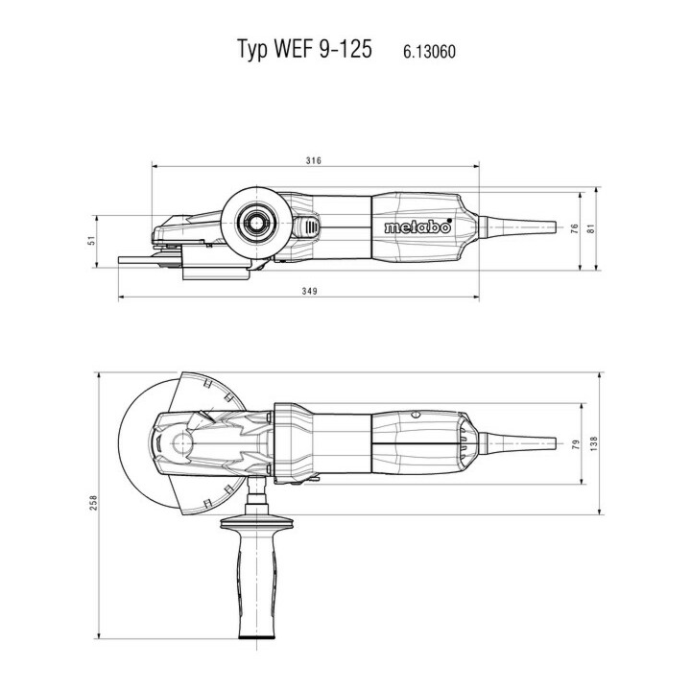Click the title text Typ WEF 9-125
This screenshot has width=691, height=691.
pyautogui.click(x=305, y=49)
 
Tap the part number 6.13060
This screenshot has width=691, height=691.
pyautogui.click(x=429, y=52)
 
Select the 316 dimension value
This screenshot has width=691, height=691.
pyautogui.click(x=314, y=160)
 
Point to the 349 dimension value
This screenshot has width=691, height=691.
pyautogui.click(x=309, y=291)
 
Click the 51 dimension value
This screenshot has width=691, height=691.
pyautogui.click(x=92, y=241)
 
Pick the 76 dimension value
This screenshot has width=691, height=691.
pyautogui.click(x=575, y=228)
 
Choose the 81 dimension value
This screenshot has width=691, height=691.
pyautogui.click(x=591, y=228)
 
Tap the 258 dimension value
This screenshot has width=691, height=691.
pyautogui.click(x=93, y=503)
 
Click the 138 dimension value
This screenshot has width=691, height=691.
pyautogui.click(x=594, y=443)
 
